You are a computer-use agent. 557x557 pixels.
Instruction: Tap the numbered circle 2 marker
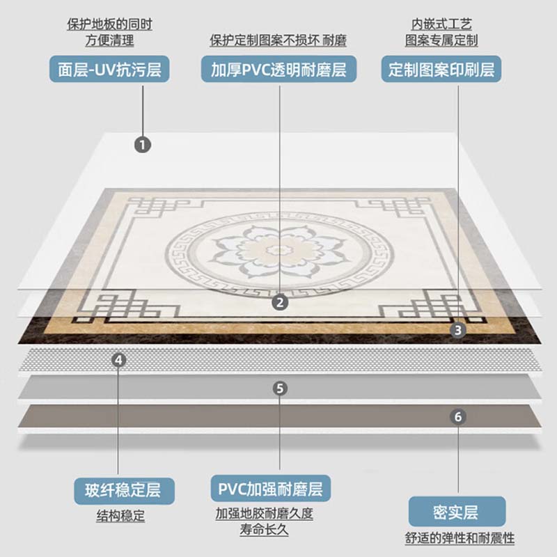click(279, 301)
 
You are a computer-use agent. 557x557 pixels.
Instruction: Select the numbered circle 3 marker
click(457, 329)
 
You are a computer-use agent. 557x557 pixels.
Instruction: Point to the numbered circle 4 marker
click(119, 360)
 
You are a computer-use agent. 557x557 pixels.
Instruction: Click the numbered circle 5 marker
click(279, 389)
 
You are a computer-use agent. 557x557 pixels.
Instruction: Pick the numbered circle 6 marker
click(457, 416)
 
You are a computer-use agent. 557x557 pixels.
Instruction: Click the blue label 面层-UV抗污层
click(109, 70)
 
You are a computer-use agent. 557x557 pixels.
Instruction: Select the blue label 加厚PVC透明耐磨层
click(278, 70)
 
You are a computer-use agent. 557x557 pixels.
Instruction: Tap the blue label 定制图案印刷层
click(441, 70)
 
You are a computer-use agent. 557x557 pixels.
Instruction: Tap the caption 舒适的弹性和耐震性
click(459, 538)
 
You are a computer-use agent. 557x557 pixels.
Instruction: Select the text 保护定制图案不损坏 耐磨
click(278, 41)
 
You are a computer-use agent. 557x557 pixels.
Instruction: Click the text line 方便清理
click(109, 40)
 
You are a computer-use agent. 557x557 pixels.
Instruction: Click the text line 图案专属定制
click(441, 41)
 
